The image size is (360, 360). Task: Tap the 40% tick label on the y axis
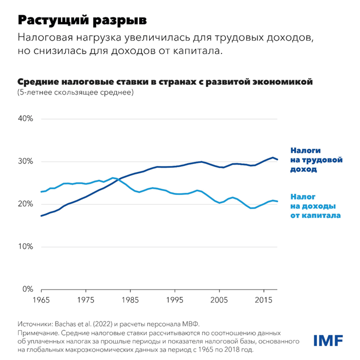[x=26, y=119]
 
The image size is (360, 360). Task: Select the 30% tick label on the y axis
[x=26, y=161]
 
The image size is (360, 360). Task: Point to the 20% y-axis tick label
[x=26, y=204]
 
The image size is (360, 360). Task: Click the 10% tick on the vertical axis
[x=26, y=247]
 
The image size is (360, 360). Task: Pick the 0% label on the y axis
[x=28, y=290]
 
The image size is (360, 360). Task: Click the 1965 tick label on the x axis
[x=41, y=299]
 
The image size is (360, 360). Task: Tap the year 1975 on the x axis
[x=85, y=299]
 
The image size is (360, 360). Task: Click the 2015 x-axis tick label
[x=264, y=299]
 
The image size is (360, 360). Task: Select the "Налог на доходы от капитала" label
[x=315, y=206]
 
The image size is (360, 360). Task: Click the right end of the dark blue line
[x=278, y=159]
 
